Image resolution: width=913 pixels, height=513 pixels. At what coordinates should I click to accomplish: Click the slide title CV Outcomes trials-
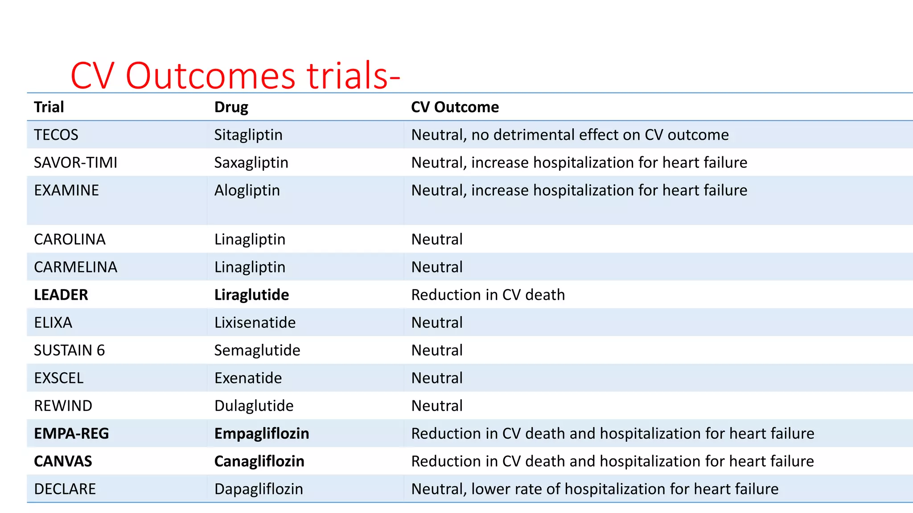[x=235, y=76]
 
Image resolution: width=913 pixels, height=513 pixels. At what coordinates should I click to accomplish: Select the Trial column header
[x=49, y=107]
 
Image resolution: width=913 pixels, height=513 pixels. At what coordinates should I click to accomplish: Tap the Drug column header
[x=231, y=107]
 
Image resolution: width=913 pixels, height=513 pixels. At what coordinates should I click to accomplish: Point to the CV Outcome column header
[x=455, y=107]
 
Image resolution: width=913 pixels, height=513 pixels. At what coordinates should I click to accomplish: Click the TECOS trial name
[x=56, y=135]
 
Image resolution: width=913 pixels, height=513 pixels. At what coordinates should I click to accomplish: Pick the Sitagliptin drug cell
[x=248, y=135]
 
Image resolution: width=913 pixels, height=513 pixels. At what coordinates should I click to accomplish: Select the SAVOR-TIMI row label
[x=76, y=163]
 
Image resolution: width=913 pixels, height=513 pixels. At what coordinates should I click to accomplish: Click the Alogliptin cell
[x=247, y=191]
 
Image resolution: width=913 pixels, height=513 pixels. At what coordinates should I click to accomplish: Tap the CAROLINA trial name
[x=70, y=240]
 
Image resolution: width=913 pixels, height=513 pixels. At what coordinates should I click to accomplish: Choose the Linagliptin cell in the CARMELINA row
[x=250, y=267]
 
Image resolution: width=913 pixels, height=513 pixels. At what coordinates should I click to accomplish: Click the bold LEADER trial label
[x=61, y=295]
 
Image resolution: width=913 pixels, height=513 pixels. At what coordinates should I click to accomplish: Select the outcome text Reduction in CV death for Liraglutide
[x=488, y=295]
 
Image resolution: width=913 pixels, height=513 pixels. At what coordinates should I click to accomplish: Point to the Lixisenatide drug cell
[x=255, y=322]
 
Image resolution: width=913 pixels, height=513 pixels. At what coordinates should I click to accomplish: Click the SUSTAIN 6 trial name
[x=70, y=350]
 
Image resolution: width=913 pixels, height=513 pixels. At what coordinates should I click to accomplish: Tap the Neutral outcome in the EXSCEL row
[x=437, y=378]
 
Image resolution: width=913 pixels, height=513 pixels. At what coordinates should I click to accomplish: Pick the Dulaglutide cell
[x=254, y=406]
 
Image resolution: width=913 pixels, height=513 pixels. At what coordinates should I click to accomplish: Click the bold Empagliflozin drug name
[x=262, y=434]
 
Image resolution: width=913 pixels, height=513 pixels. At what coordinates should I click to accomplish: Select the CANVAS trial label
[x=63, y=461]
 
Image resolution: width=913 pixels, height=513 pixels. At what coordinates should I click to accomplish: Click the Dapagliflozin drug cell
[x=259, y=489]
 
